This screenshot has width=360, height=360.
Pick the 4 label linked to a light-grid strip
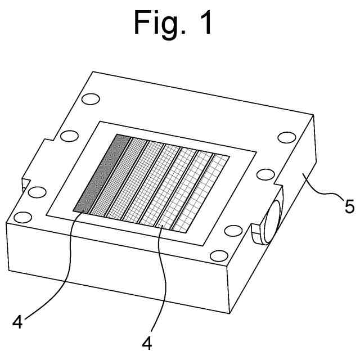[x=147, y=343]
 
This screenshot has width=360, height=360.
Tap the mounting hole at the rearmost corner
[x=88, y=101]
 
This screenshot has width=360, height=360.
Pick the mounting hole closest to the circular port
[x=232, y=230]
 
